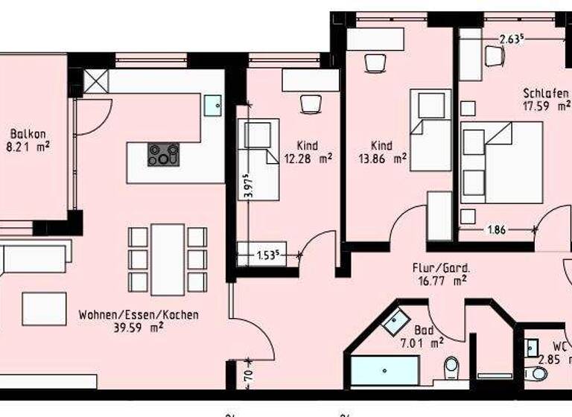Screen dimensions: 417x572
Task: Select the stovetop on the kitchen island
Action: [164, 154]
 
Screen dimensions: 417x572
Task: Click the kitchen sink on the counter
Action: [214, 105]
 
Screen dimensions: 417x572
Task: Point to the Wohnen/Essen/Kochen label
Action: [139, 315]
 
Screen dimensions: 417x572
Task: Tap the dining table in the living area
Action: [167, 258]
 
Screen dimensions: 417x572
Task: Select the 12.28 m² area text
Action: [308, 158]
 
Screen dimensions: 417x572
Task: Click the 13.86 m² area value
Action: [382, 158]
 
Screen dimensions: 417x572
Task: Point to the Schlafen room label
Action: [547, 94]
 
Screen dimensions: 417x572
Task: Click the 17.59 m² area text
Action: [547, 106]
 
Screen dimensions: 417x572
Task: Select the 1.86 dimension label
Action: [496, 230]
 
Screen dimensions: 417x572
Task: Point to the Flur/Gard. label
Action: [439, 267]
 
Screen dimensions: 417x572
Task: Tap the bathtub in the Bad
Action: [384, 371]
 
